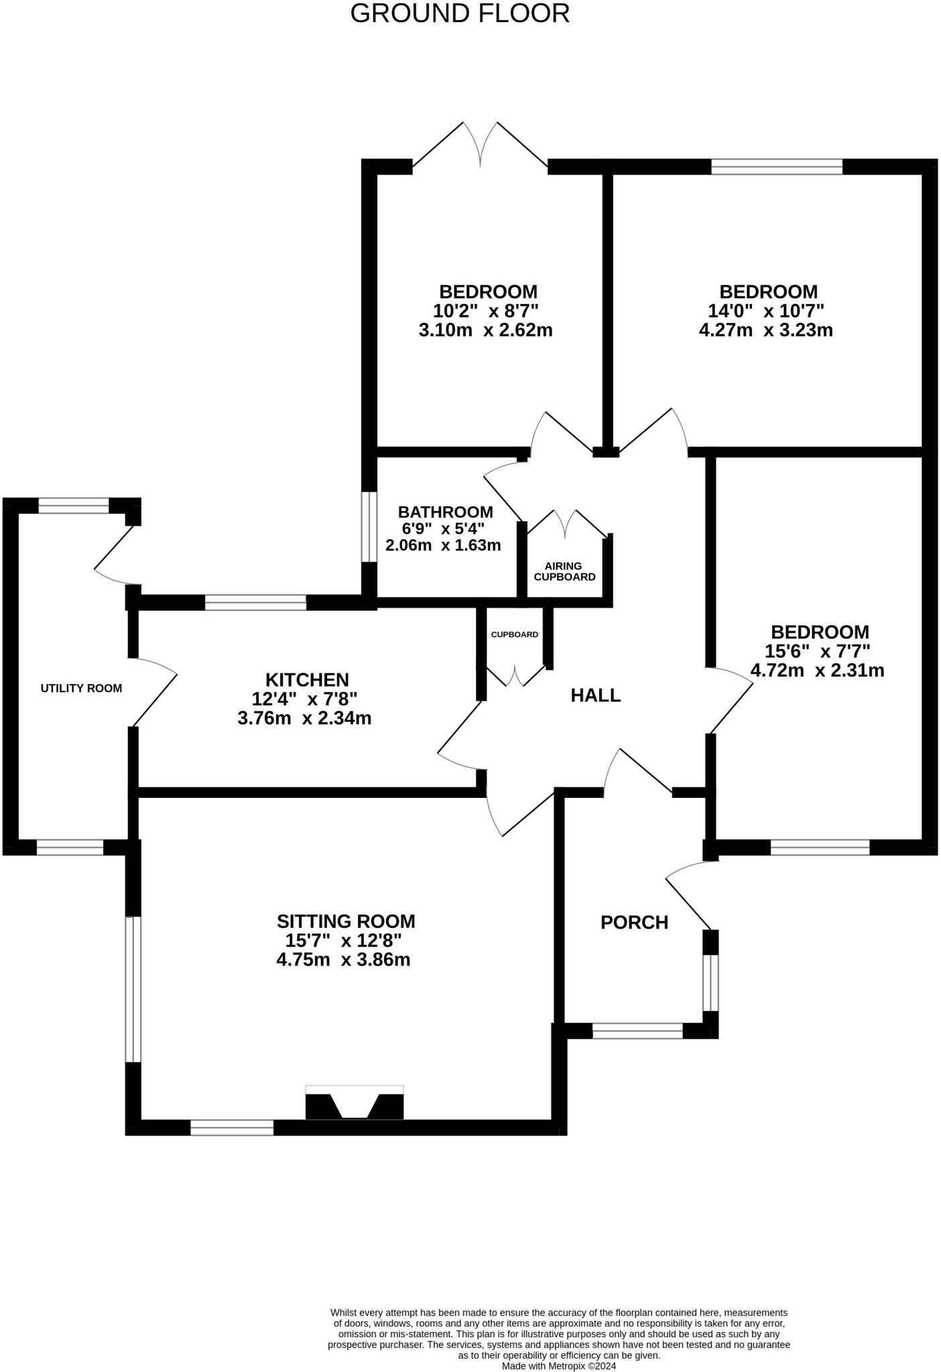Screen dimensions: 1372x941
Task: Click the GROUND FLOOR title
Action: (x=460, y=14)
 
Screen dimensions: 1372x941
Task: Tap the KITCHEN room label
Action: (x=307, y=680)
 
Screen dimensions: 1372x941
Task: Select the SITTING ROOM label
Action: (x=346, y=921)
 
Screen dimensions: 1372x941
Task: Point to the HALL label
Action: (x=595, y=695)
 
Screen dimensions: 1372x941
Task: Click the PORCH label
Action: (x=634, y=922)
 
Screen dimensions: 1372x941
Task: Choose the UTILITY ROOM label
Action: (x=81, y=688)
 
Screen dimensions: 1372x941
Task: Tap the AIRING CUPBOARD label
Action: (x=564, y=571)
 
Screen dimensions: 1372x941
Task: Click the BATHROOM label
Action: (x=445, y=512)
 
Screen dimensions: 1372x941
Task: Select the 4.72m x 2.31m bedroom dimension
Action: (x=817, y=671)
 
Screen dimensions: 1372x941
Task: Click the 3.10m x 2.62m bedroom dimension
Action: (x=485, y=330)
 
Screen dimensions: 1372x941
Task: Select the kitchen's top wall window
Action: (x=255, y=602)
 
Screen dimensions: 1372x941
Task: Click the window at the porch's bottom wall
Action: (x=637, y=1031)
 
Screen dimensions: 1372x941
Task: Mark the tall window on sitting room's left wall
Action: (x=133, y=989)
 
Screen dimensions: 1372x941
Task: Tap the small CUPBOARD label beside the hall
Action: (x=514, y=634)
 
